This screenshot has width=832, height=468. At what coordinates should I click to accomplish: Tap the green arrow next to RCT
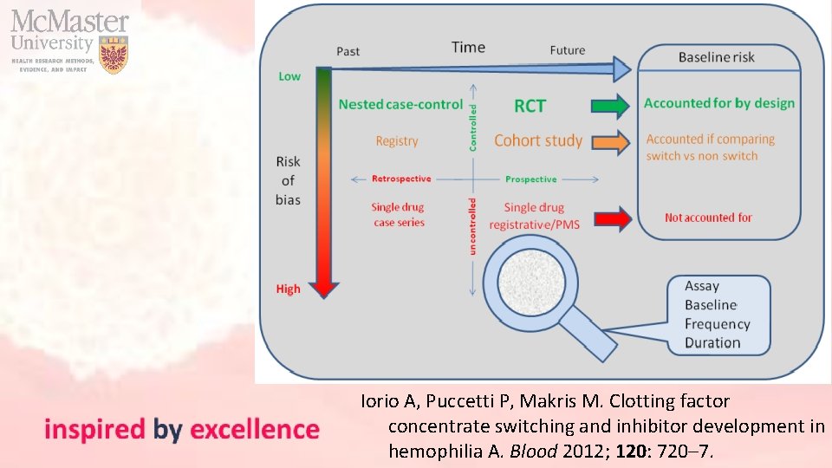tap(610, 106)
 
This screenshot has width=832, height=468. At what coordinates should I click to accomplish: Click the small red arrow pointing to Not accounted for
tap(614, 218)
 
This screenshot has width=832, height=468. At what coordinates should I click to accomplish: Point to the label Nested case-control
tap(400, 104)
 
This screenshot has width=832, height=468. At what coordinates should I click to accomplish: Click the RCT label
tap(530, 106)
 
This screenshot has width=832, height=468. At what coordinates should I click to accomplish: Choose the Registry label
tap(397, 140)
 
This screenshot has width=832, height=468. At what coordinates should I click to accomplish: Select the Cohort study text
tap(538, 140)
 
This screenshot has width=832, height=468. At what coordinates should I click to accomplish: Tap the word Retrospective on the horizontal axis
tap(400, 179)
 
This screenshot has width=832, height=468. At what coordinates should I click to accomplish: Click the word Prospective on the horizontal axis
tap(530, 179)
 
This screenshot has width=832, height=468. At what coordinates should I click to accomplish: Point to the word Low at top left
tap(289, 76)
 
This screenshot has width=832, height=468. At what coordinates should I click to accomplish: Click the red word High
tap(289, 289)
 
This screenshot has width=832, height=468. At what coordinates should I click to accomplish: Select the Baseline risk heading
tap(716, 57)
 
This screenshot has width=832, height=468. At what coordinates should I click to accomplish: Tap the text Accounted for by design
tap(718, 103)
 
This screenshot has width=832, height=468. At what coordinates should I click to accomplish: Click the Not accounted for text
tap(708, 218)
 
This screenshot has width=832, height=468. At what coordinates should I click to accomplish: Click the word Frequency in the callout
tap(717, 324)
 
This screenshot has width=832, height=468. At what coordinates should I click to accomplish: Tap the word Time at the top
tap(468, 48)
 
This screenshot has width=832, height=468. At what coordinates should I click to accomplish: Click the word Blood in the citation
tap(533, 451)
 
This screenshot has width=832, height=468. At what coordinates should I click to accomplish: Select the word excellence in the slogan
tap(255, 430)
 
